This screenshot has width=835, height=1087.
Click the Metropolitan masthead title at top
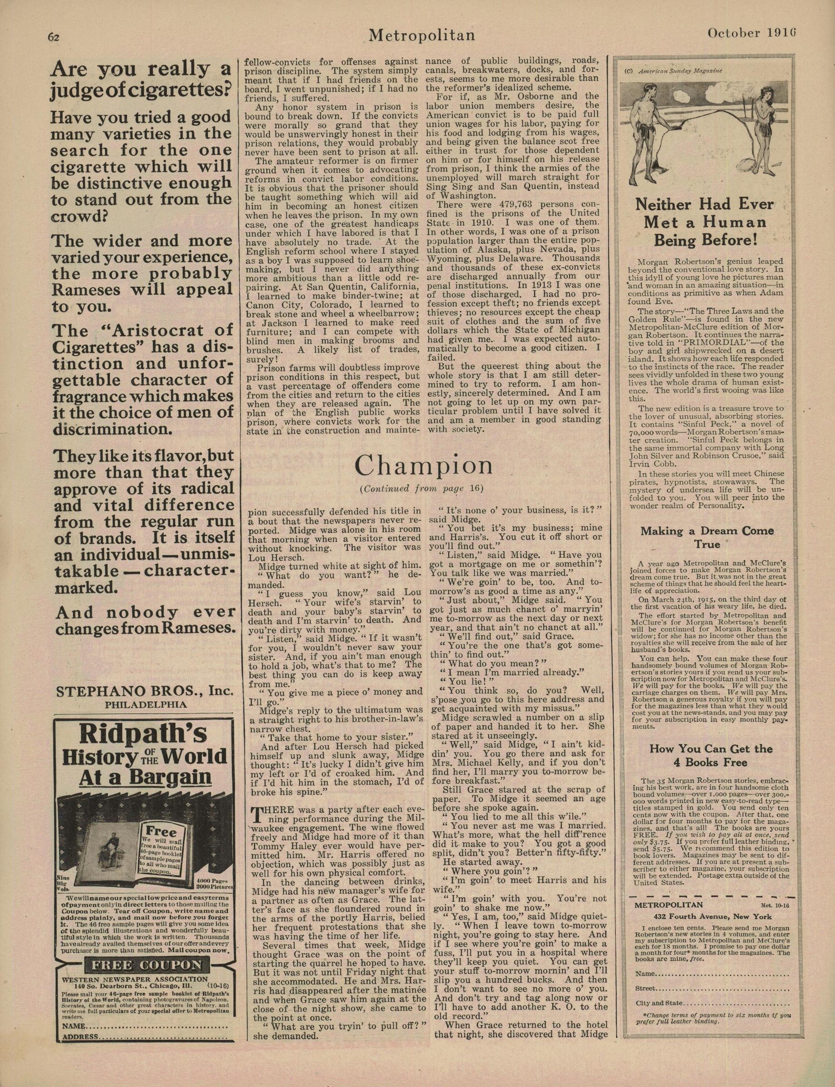tap(422, 35)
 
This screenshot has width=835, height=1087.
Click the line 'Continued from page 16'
tap(422, 489)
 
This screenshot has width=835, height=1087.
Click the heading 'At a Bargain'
tap(144, 776)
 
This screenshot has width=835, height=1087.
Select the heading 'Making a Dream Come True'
tap(707, 537)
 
